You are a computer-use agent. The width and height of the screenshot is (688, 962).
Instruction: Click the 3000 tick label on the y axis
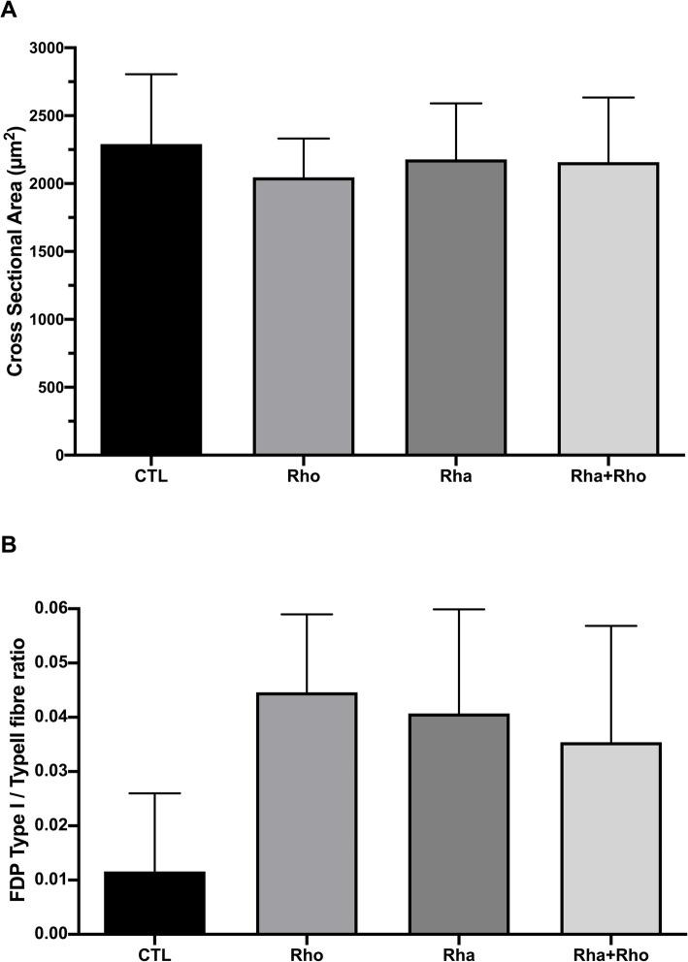pos(46,48)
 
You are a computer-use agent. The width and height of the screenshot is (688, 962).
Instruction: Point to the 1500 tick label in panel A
pos(46,252)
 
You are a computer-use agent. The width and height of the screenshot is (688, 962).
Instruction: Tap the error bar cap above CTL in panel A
pos(152,74)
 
